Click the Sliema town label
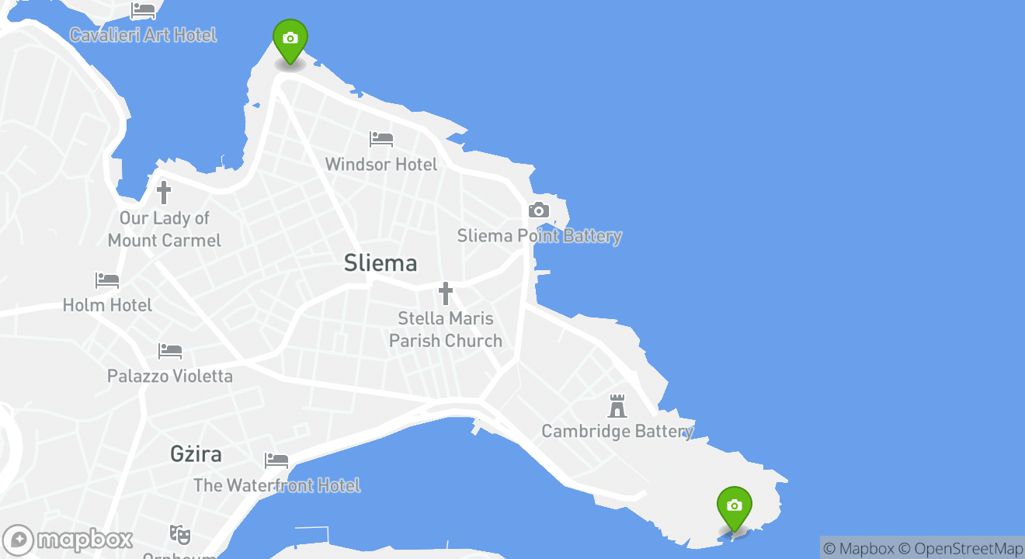(380, 263)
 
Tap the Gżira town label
(196, 454)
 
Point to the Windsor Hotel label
(380, 165)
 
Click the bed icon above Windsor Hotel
(381, 140)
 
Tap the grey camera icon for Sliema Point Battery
(539, 210)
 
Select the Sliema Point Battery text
(539, 236)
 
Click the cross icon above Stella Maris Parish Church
(445, 293)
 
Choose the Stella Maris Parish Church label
(445, 329)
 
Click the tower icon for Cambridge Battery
(617, 406)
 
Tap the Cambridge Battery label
(617, 432)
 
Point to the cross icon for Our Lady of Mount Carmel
(164, 193)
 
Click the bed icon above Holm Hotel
(107, 280)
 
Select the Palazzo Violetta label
(169, 377)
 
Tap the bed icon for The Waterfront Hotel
(276, 460)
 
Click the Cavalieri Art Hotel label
(143, 35)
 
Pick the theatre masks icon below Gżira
(180, 534)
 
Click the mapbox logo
(68, 540)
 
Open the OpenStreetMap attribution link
(968, 548)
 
